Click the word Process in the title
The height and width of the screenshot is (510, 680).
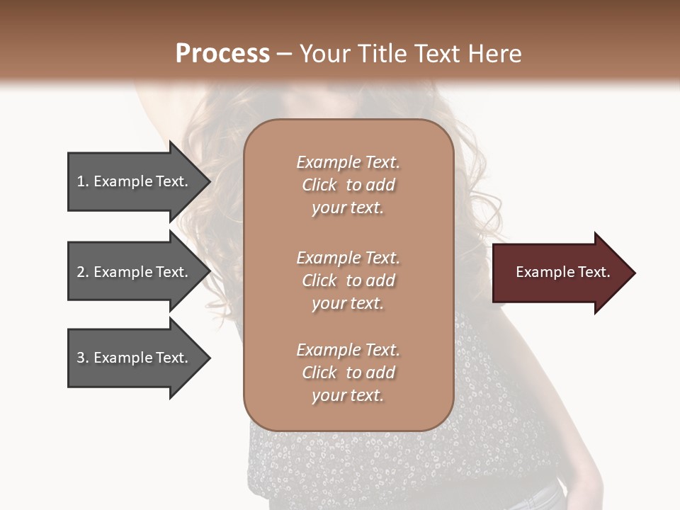click(222, 54)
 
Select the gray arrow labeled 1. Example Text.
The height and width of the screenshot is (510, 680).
click(135, 181)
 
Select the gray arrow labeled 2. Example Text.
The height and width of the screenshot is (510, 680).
click(135, 272)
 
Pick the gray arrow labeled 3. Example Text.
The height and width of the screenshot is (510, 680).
click(135, 358)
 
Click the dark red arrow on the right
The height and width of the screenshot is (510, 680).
click(560, 273)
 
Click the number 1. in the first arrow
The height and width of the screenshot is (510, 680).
click(83, 181)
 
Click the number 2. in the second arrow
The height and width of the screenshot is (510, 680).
click(83, 272)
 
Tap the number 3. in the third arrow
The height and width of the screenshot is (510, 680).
click(83, 358)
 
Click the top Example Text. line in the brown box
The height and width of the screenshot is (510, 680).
click(348, 162)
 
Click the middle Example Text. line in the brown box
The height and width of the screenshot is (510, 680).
click(348, 258)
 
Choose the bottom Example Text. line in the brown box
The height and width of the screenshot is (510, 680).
click(348, 350)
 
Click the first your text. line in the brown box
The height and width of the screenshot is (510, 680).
click(347, 208)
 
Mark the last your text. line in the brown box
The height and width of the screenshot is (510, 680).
click(347, 396)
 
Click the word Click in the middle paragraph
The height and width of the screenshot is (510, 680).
click(319, 280)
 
